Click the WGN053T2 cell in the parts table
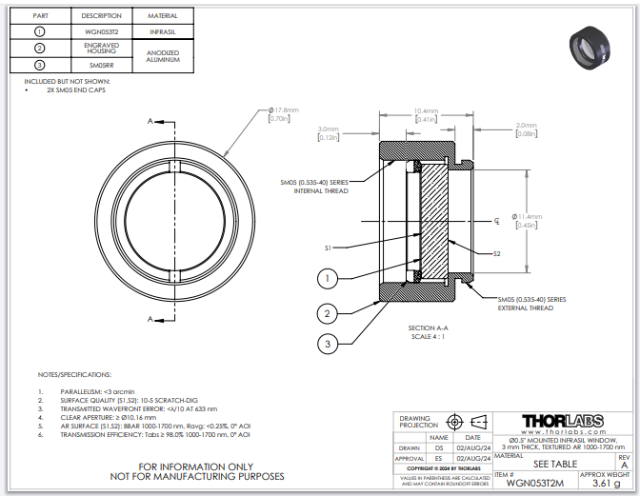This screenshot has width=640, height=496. click(102, 31)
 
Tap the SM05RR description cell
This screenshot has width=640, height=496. click(102, 65)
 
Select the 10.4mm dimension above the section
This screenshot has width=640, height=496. click(425, 110)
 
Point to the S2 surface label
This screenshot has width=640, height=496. click(497, 254)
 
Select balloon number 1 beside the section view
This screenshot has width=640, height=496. click(327, 278)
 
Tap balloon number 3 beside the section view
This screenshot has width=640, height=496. click(327, 343)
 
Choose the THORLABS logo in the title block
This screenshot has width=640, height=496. click(563, 421)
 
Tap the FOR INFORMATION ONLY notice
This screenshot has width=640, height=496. click(198, 466)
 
